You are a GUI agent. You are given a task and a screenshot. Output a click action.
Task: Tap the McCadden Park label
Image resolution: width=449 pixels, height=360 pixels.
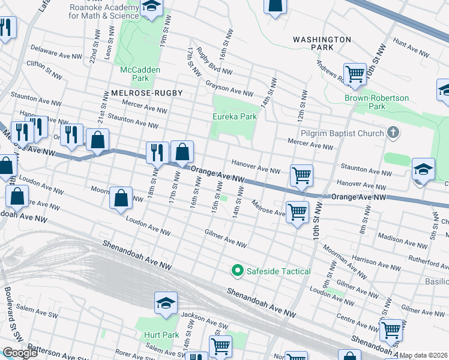134,74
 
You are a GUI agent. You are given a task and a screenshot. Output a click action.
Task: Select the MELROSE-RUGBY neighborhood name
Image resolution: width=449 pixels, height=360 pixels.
146,93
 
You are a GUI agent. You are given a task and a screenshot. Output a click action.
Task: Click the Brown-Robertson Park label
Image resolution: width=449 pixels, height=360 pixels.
376,102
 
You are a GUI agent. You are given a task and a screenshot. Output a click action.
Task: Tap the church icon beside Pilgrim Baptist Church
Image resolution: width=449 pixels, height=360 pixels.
393,133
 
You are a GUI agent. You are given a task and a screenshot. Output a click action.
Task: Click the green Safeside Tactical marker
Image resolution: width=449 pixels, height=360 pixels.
237,271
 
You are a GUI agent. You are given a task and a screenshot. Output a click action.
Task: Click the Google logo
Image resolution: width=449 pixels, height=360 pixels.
19,353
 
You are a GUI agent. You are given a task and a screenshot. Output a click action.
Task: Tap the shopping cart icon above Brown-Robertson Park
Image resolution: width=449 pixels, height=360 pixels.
355,74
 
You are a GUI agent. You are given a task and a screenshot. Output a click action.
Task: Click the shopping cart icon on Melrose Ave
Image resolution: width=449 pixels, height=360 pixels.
297,212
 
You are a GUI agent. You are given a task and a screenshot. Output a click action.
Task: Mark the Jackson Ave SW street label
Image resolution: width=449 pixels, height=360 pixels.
201,317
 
